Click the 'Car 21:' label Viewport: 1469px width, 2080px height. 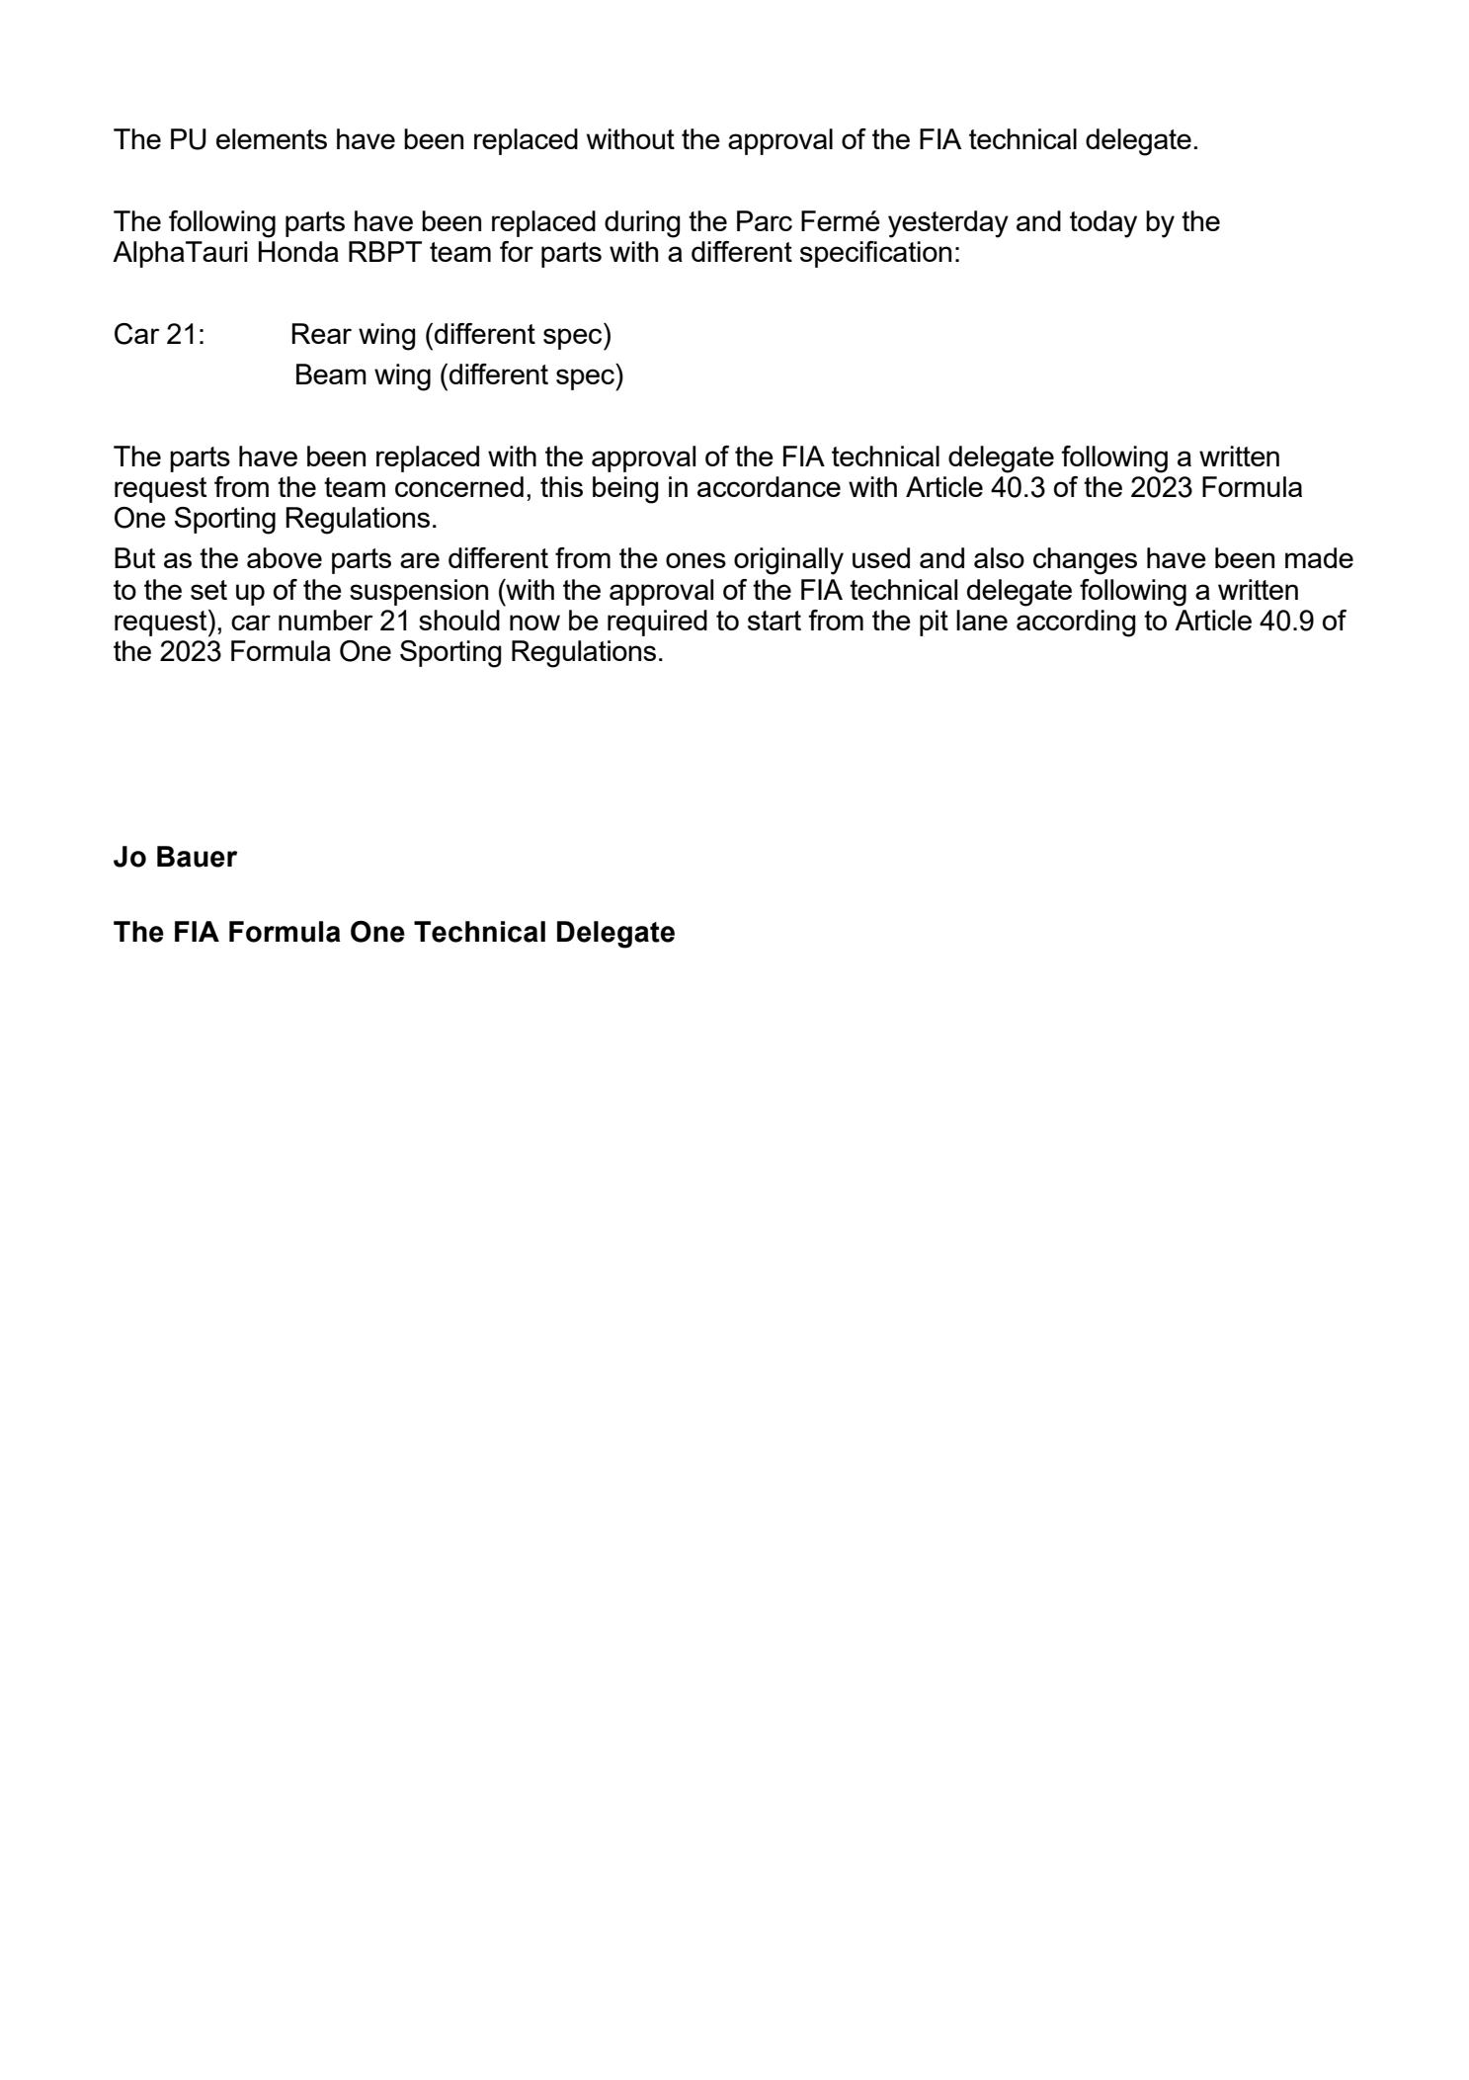[x=159, y=335]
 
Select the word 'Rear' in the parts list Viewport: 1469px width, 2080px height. [x=315, y=335]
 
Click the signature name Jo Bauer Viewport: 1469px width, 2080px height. [x=175, y=857]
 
